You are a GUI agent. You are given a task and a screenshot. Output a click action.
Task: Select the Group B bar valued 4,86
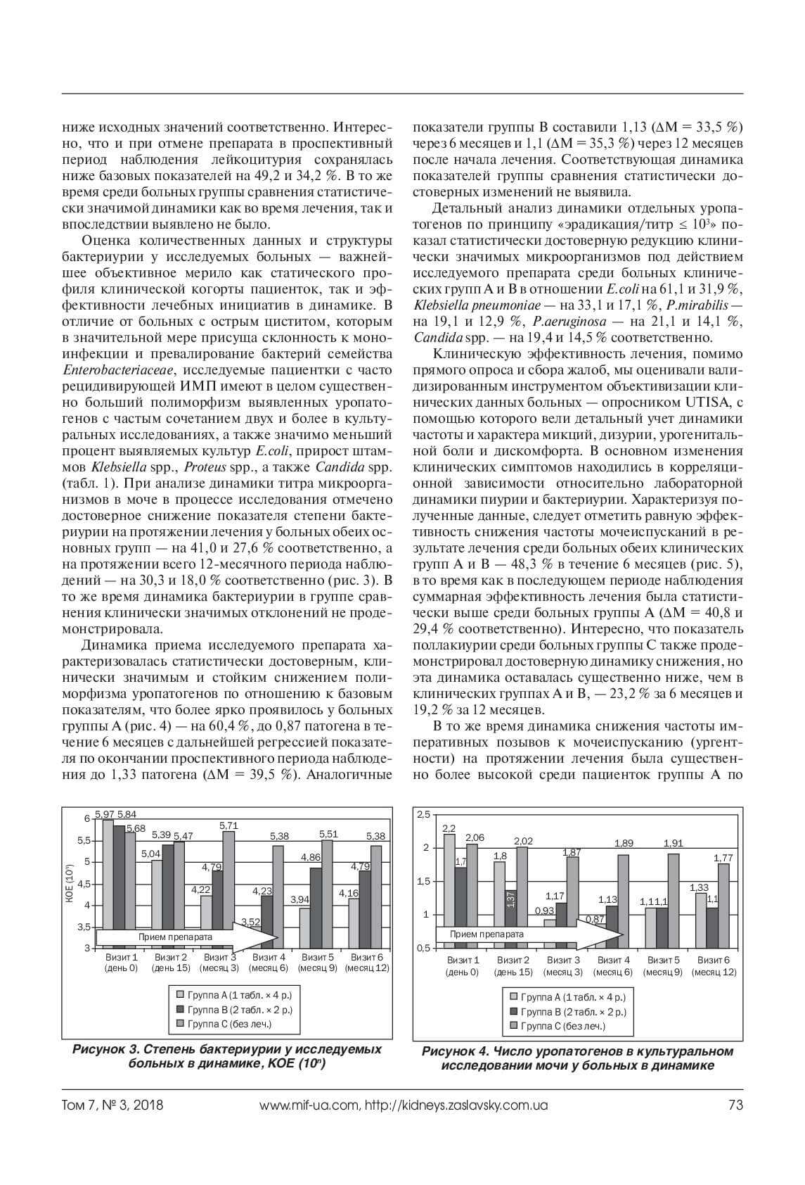point(316,908)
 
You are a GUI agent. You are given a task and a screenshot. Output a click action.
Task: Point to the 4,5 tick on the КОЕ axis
point(84,884)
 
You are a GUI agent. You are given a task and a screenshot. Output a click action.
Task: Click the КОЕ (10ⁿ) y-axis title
point(69,883)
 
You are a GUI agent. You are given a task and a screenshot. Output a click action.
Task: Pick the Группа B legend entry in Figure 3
point(234,1009)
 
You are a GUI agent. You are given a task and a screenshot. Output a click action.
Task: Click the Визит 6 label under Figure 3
point(366,957)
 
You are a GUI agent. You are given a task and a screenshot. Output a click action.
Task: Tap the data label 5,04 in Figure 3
point(150,854)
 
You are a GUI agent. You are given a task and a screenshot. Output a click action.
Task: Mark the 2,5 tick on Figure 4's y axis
point(423,815)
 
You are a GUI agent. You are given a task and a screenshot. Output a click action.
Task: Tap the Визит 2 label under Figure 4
point(513,960)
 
